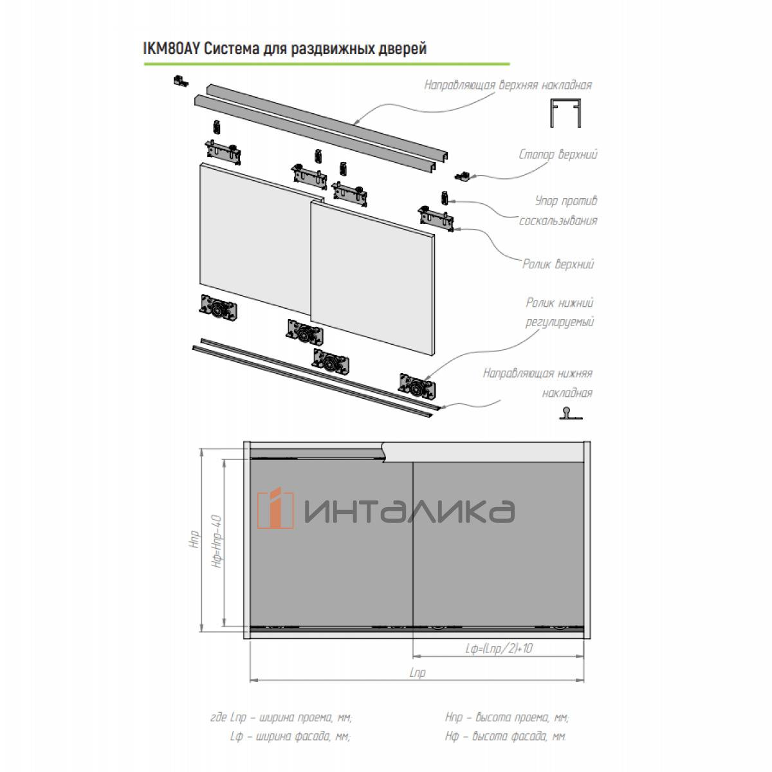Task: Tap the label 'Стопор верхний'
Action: coord(558,154)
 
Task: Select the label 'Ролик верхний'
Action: coord(558,264)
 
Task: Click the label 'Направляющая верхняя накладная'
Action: coord(508,86)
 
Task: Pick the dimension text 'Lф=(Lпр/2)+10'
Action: coord(499,648)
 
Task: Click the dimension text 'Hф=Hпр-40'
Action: coord(217,541)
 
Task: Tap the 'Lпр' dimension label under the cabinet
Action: coord(417,673)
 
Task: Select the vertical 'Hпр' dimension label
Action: coord(194,539)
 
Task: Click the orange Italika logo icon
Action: coord(275,508)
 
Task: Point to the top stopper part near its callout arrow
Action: coord(463,176)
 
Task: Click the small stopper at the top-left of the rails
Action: coord(181,80)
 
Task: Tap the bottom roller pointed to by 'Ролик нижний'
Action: coord(417,387)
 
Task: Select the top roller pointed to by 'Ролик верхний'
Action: coord(436,219)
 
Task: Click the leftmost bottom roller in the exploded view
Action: coord(218,308)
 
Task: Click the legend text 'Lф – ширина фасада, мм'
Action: coord(290,736)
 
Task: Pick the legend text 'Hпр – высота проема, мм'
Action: coord(507,717)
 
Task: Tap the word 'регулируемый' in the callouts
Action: coord(559,322)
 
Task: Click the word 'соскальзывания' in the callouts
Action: coord(558,221)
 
